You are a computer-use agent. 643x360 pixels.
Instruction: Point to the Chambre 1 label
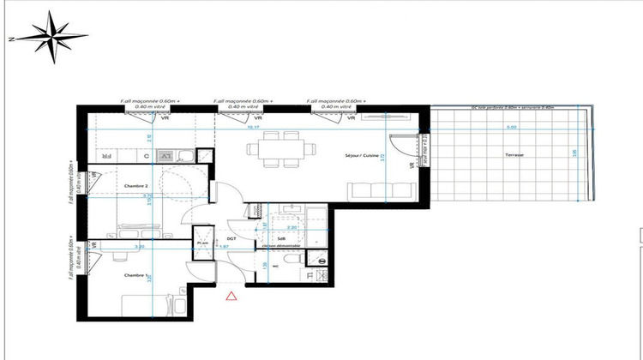136,275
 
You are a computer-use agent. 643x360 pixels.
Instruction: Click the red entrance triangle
231,297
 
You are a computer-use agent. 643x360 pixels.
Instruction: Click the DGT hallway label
231,239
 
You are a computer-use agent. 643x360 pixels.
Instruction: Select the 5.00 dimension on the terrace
511,128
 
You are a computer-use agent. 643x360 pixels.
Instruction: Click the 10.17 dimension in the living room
253,128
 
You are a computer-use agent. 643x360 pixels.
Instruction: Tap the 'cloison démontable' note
282,247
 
